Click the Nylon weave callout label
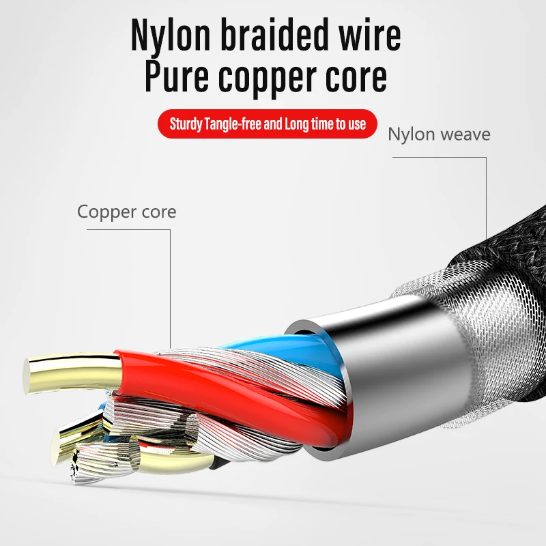(439, 134)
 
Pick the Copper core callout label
(126, 212)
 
